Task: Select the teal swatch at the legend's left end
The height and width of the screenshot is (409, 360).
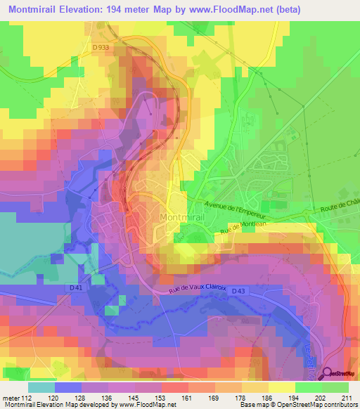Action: click(x=41, y=387)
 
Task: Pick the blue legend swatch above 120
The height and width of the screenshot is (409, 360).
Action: click(x=68, y=387)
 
